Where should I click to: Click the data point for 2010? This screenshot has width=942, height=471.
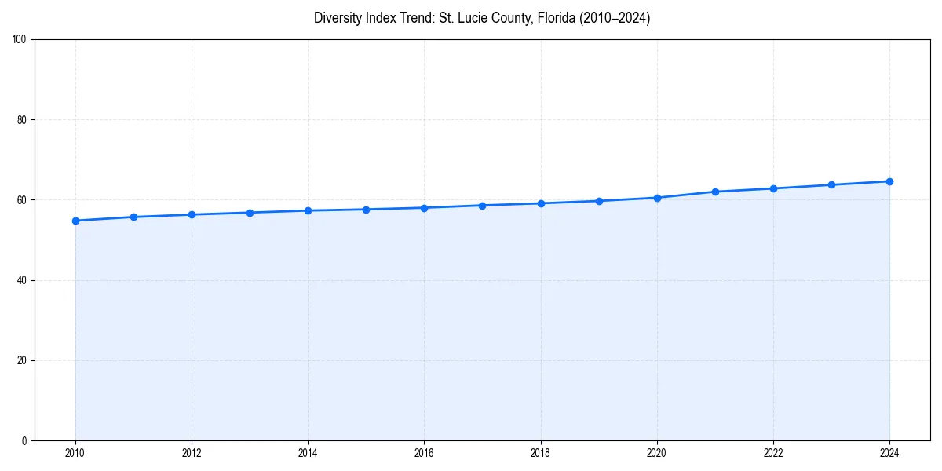[75, 221]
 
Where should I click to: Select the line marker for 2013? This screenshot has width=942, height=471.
[250, 213]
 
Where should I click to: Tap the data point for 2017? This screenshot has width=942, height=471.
[482, 206]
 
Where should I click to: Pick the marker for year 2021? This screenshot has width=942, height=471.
[715, 192]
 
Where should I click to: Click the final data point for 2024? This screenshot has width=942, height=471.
[889, 181]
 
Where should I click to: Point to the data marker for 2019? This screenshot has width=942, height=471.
[599, 201]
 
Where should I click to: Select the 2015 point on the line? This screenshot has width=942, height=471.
[366, 210]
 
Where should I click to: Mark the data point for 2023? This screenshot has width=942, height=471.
[831, 185]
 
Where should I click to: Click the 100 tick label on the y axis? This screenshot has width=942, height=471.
[20, 40]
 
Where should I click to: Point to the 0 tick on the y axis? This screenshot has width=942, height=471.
[24, 440]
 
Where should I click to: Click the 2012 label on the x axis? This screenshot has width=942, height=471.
[192, 453]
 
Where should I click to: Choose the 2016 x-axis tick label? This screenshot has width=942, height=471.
[424, 453]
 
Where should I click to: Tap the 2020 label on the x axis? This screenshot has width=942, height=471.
[657, 453]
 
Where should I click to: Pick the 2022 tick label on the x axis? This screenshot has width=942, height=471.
[773, 453]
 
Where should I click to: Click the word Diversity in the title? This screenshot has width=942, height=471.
[338, 18]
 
